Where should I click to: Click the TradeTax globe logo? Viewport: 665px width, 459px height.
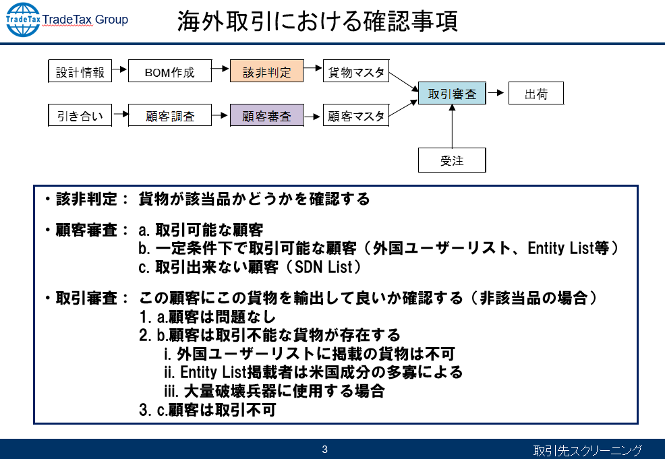point(22,20)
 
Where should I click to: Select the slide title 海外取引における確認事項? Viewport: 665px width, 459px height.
point(317,21)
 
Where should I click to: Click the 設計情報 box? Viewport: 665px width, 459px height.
point(80,72)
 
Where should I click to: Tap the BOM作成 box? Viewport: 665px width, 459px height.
point(169,72)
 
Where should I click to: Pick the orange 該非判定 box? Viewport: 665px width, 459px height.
point(266,72)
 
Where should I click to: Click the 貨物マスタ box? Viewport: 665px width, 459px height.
point(356,72)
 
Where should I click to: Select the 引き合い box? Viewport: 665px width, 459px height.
point(80,115)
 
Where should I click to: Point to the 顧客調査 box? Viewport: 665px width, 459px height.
point(169,115)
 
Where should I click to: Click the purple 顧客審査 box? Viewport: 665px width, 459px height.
point(266,115)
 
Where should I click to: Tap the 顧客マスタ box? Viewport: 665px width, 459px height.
point(356,115)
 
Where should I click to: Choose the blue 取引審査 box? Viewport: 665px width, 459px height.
point(452,94)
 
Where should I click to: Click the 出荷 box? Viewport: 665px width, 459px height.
point(536,94)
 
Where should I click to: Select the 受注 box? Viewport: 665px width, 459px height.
point(452,160)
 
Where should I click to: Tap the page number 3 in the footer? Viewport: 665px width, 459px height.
point(324,449)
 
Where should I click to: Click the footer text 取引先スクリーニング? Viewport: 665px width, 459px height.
point(587,450)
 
